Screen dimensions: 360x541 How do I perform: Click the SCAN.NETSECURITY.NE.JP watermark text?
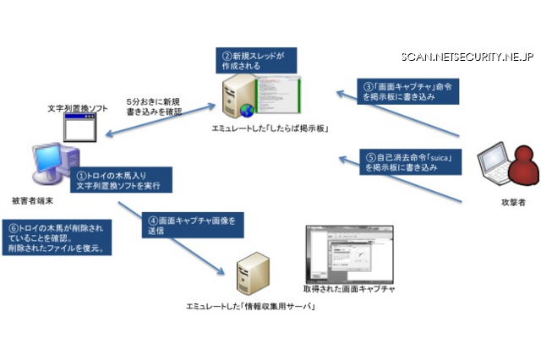coord(467,57)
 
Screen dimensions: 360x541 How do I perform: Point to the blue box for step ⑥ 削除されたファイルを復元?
coord(57,238)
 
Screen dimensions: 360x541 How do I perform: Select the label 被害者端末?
coord(36,201)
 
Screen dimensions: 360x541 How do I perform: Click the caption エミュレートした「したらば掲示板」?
coord(269,128)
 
